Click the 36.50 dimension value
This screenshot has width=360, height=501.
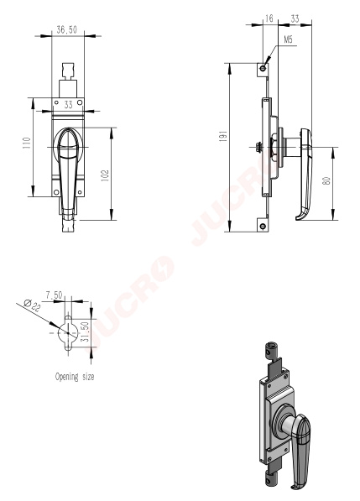(x=67, y=29)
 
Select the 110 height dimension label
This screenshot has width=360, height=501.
(x=27, y=143)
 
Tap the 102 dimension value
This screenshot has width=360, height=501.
(x=105, y=175)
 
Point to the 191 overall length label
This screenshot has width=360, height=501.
(x=223, y=135)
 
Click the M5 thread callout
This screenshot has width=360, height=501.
(x=288, y=39)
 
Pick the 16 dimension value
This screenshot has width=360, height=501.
(x=269, y=18)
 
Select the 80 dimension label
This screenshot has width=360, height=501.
(x=326, y=181)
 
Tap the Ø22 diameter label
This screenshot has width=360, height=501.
(x=33, y=305)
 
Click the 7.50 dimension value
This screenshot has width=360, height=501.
(x=54, y=295)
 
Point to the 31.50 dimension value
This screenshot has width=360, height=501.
(x=85, y=331)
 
